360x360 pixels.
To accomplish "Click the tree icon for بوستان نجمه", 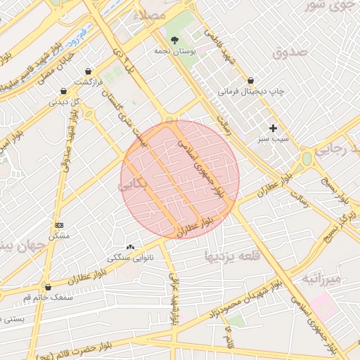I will click(174, 40).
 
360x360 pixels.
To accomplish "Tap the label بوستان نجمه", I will click(174, 51).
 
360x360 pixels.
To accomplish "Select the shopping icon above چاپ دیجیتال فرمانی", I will click(250, 81).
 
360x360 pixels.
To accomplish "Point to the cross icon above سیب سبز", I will click(273, 128).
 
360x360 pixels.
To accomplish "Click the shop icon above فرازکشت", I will click(88, 71).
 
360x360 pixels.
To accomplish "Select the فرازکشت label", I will click(89, 82).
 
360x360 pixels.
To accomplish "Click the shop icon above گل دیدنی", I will click(64, 91).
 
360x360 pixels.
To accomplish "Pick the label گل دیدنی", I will click(64, 102).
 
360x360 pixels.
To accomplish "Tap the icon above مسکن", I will click(58, 225).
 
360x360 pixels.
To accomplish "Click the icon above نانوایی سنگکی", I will click(129, 247).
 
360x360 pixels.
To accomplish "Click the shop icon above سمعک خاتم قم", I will click(48, 287).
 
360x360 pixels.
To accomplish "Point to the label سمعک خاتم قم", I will click(48, 297).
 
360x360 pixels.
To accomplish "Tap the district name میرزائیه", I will click(321, 279).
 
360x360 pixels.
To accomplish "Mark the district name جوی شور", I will click(328, 6).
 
